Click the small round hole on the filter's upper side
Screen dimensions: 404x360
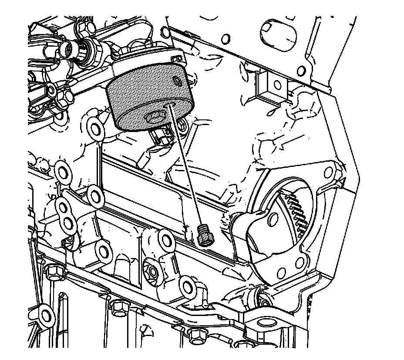tap(177, 80)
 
